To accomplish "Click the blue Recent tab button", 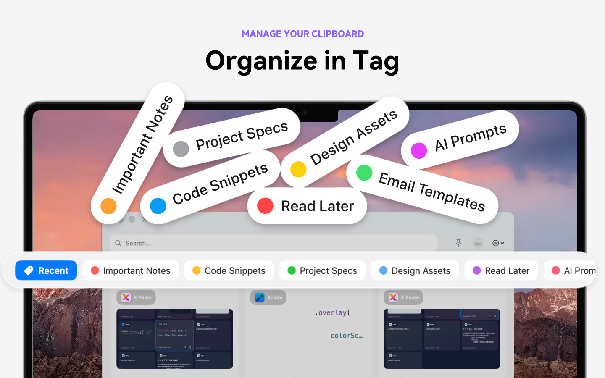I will pos(46,270).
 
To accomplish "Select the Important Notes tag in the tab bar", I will pos(131,270).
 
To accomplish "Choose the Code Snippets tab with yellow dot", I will pos(229,270).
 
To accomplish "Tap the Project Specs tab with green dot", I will pos(322,270).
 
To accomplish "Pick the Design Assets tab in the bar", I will pos(415,270).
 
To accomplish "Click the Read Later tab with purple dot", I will pos(501,270).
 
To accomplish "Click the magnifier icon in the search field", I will pos(118,243).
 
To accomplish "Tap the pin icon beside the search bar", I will pos(458,243).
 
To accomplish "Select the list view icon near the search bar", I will pos(478,243).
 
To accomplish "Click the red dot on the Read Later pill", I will pos(265,206).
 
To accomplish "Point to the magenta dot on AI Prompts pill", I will pos(419,150).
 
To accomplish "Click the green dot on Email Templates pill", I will pos(364,173).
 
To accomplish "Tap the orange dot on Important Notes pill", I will pos(108,206).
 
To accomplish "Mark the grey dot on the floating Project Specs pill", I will pos(181,149).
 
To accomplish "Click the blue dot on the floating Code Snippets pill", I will pos(158,206).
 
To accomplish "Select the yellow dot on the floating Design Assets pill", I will pos(298,169).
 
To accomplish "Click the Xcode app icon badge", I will pos(260,297).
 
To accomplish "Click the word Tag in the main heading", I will pos(375,61).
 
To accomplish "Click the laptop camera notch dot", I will pos(305,113).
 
